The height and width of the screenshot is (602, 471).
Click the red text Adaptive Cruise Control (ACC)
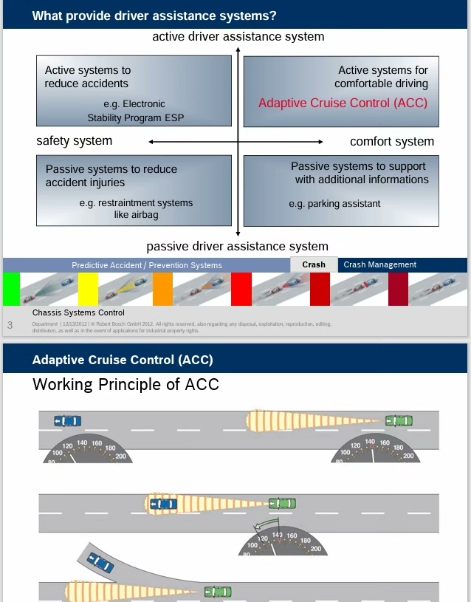[x=343, y=103]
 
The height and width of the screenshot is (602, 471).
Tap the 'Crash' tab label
[x=314, y=264]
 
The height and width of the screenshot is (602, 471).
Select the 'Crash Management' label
[x=379, y=264]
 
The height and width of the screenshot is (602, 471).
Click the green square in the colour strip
[x=12, y=289]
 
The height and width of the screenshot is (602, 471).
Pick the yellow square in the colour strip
[x=88, y=289]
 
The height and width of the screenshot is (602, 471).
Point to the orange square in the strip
[x=162, y=289]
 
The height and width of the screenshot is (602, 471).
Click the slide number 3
[x=10, y=325]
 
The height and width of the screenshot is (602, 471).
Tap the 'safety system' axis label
[x=75, y=140]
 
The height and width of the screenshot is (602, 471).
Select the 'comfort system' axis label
[x=392, y=141]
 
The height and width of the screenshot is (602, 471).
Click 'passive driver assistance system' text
[x=237, y=246]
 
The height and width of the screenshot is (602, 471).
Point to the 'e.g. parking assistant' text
[x=334, y=204]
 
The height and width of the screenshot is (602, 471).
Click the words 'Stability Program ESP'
[x=136, y=117]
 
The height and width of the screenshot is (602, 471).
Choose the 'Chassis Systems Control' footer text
[x=78, y=312]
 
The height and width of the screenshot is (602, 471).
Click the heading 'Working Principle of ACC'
[x=126, y=384]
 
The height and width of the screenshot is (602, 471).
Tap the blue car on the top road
[x=68, y=420]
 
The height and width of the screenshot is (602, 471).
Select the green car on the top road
[x=399, y=420]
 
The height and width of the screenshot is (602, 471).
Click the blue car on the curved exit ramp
[x=100, y=563]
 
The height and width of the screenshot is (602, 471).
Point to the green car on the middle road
[x=282, y=504]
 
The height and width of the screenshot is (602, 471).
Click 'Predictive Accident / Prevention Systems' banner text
[x=147, y=265]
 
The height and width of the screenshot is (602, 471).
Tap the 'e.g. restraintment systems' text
[x=136, y=202]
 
